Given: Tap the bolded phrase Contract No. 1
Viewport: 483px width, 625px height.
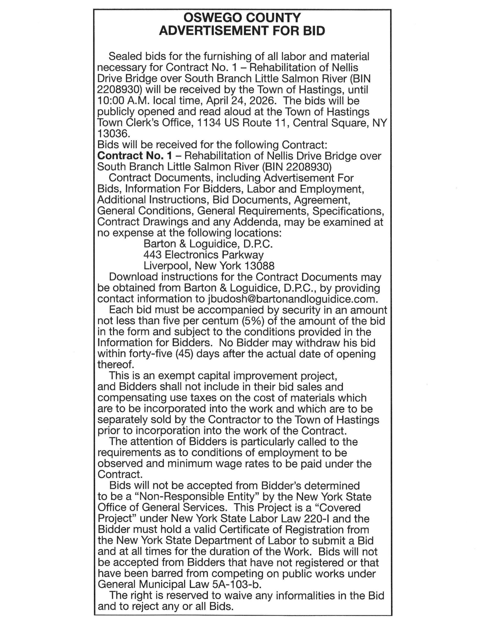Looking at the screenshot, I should pos(135,156).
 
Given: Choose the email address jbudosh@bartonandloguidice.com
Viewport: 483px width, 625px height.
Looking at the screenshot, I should pos(293,299).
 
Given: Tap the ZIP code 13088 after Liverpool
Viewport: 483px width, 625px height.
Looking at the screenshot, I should pos(259,266).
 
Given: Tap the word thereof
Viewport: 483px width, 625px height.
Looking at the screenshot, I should pos(115,365).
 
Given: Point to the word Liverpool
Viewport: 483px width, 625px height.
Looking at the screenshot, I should pos(167,266).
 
